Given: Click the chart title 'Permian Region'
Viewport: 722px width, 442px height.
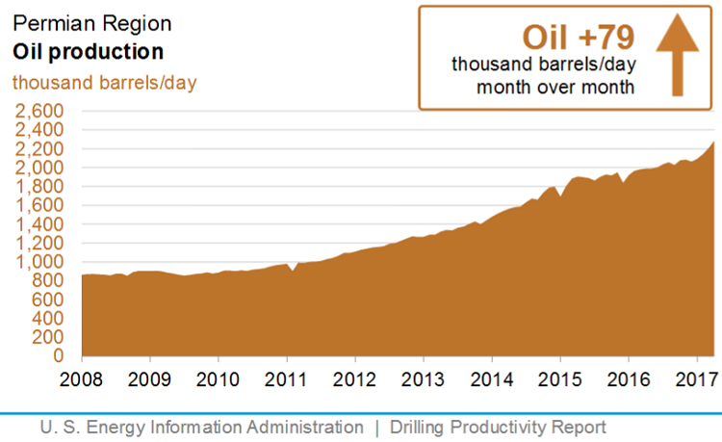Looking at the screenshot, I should (73, 22).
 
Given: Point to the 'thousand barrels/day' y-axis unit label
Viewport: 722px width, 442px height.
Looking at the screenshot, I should (104, 82).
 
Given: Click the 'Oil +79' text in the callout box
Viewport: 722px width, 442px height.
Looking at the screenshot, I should (578, 38).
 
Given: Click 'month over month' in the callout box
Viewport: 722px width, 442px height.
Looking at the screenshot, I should (555, 88).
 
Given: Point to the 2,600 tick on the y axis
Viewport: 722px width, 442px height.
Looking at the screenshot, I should (38, 111).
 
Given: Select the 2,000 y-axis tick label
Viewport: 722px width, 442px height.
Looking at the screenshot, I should (38, 168).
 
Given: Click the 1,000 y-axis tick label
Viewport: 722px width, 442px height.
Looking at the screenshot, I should (38, 262).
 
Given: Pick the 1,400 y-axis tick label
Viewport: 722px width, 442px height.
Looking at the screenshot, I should (38, 224).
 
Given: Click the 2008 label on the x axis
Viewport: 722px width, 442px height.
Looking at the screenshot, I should (82, 377).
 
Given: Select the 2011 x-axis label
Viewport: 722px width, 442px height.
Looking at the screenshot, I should (287, 377).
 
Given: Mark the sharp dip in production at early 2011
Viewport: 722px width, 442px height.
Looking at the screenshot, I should (293, 272).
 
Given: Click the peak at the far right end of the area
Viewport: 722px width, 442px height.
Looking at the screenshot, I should (713, 143).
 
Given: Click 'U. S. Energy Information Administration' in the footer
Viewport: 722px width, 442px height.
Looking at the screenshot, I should (201, 427).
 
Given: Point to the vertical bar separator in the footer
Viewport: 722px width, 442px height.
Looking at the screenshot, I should (376, 427).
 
